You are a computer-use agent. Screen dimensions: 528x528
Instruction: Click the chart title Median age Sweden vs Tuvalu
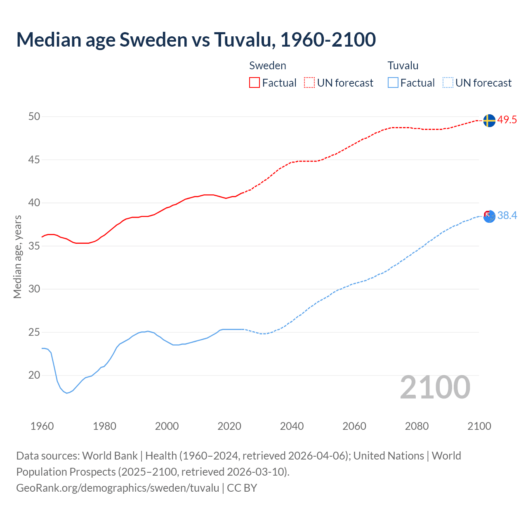(x=196, y=40)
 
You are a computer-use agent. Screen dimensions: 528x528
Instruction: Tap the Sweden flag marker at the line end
(x=489, y=120)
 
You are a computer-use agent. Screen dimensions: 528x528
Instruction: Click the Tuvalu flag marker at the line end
(x=489, y=216)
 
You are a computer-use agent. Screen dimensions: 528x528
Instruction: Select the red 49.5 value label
(x=507, y=120)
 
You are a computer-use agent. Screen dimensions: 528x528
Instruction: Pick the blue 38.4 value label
(x=507, y=216)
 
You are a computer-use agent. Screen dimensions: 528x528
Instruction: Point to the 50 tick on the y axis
(x=34, y=117)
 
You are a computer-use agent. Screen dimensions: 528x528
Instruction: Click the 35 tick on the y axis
(x=34, y=246)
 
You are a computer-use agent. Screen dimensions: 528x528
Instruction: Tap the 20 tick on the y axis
(x=34, y=375)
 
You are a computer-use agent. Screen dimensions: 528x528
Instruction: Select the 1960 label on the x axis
(x=42, y=426)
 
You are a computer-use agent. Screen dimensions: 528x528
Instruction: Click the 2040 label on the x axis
(x=292, y=426)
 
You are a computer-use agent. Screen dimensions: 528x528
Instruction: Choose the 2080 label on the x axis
(x=417, y=426)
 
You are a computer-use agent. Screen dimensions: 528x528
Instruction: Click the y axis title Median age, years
(x=17, y=257)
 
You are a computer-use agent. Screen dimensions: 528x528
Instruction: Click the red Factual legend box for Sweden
(x=255, y=83)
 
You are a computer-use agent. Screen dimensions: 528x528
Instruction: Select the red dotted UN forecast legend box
(x=309, y=83)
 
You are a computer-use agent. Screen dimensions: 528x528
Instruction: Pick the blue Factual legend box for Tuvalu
(x=393, y=83)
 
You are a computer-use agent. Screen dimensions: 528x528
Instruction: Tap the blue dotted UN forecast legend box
(x=448, y=83)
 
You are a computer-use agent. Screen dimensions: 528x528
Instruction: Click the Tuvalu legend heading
(x=403, y=66)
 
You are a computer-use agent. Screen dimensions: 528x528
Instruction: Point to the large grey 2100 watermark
(x=435, y=387)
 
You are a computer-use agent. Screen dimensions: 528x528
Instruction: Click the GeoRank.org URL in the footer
(x=118, y=488)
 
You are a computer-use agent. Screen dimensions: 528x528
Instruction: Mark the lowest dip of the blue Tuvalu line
(x=67, y=393)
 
